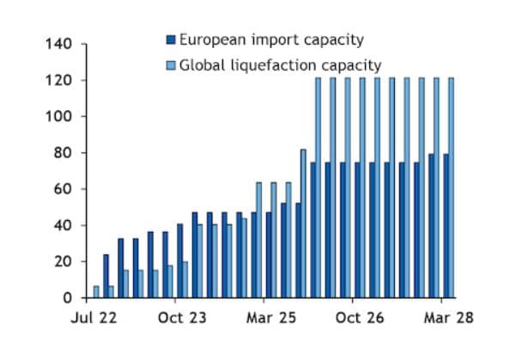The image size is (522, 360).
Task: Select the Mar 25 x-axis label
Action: click(272, 317)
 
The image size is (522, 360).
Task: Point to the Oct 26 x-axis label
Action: click(360, 317)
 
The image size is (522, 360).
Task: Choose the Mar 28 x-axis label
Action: click(447, 317)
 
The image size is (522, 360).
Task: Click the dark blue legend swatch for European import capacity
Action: click(170, 40)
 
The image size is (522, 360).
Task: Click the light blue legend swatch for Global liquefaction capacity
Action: click(170, 64)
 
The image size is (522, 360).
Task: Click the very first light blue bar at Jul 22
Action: click(96, 292)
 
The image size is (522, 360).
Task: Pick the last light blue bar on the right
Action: click(451, 188)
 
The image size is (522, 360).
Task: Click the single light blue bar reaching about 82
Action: click(303, 223)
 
